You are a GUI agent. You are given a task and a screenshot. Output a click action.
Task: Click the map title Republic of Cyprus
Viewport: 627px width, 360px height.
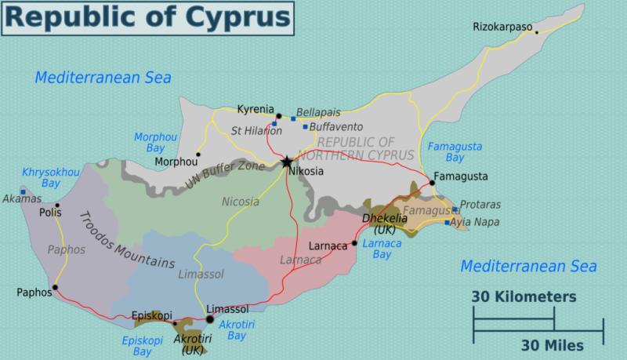[147, 18]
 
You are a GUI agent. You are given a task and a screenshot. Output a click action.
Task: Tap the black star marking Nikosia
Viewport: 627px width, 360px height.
[287, 162]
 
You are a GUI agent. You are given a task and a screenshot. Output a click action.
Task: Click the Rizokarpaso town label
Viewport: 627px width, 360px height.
[502, 27]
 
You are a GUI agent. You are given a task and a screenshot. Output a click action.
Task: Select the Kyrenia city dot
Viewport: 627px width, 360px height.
[278, 116]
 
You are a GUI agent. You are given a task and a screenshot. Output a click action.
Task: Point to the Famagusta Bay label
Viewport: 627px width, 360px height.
[455, 152]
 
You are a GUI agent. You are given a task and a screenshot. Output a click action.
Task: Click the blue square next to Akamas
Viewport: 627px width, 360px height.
[23, 191]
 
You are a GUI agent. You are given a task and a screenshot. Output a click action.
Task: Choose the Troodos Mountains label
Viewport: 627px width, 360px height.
[125, 240]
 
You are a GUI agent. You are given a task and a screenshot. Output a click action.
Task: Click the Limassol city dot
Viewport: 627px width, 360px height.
[209, 318]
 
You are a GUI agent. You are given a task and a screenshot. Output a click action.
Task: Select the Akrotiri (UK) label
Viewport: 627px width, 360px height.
[192, 344]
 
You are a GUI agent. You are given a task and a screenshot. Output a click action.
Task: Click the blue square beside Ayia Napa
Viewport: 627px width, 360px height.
[448, 223]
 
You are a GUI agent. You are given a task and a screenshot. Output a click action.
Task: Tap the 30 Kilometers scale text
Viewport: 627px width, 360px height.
[524, 297]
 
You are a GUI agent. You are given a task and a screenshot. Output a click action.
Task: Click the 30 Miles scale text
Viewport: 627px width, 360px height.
[552, 345]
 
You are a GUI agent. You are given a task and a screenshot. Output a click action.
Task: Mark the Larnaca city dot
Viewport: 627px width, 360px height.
[354, 243]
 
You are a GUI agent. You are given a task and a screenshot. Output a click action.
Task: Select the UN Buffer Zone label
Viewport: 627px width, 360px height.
[224, 172]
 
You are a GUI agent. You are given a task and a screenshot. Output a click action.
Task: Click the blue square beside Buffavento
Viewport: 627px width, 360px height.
[305, 126]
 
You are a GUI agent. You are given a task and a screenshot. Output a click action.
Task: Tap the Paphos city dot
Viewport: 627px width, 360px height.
[55, 287]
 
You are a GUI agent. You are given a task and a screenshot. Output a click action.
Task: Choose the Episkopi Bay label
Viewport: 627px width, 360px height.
[143, 346]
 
